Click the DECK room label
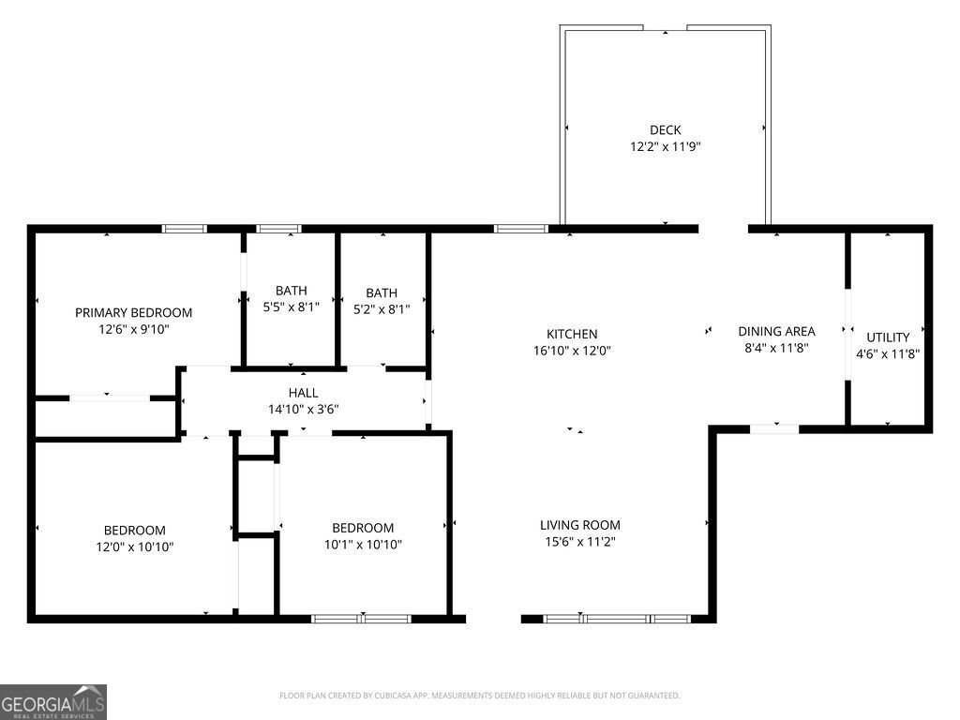pyautogui.click(x=665, y=130)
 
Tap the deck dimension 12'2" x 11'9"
pyautogui.click(x=665, y=147)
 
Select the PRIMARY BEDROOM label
pyautogui.click(x=133, y=312)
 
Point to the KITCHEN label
pyautogui.click(x=572, y=334)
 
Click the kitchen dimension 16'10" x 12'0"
pyautogui.click(x=572, y=351)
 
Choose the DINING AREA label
pyautogui.click(x=776, y=331)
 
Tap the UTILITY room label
pyautogui.click(x=887, y=337)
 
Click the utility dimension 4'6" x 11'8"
pyautogui.click(x=887, y=354)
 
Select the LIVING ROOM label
pyautogui.click(x=579, y=525)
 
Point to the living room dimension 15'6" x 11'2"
pyautogui.click(x=579, y=542)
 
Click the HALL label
pyautogui.click(x=303, y=393)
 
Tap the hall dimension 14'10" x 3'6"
pyautogui.click(x=303, y=409)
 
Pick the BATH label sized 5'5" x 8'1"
pyautogui.click(x=291, y=291)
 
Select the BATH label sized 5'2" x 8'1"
pyautogui.click(x=382, y=293)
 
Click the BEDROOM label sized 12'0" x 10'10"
pyautogui.click(x=134, y=530)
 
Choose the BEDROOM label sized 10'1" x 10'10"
pyautogui.click(x=363, y=528)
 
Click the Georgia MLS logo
pyautogui.click(x=53, y=702)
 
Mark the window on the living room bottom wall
pyautogui.click(x=617, y=619)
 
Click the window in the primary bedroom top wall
pyautogui.click(x=184, y=228)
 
